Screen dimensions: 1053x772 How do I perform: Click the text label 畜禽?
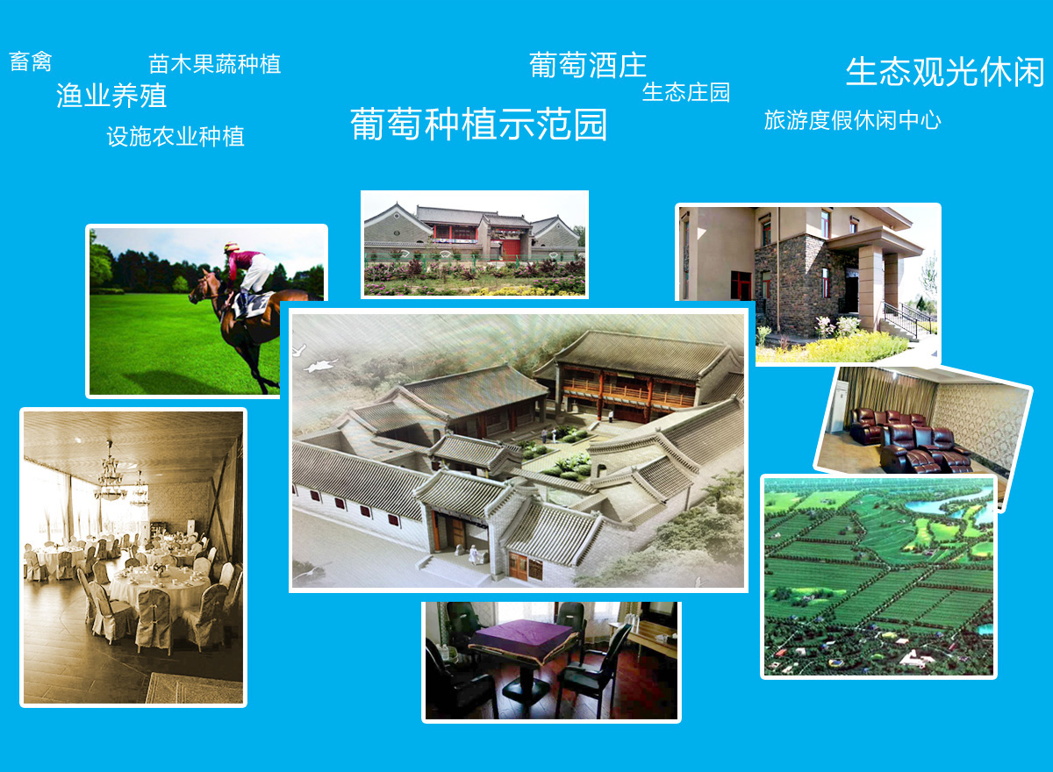click(x=31, y=61)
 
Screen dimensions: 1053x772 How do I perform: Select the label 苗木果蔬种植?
click(x=215, y=64)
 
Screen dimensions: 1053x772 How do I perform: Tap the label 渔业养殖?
click(x=111, y=96)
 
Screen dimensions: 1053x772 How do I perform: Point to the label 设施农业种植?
click(x=175, y=137)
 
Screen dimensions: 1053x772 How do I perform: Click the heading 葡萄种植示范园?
click(x=478, y=124)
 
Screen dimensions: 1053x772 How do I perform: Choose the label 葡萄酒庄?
click(x=588, y=65)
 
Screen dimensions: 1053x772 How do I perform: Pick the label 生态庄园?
click(x=686, y=92)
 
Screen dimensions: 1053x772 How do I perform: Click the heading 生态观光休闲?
click(x=945, y=72)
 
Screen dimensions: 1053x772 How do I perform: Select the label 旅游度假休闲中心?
click(x=852, y=120)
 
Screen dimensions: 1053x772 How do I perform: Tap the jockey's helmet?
click(x=231, y=247)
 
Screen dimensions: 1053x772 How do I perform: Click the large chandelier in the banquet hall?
click(x=110, y=472)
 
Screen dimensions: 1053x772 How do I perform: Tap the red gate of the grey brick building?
click(x=512, y=247)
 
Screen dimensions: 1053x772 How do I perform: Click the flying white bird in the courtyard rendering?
click(x=321, y=365)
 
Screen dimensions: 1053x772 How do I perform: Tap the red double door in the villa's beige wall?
click(x=741, y=285)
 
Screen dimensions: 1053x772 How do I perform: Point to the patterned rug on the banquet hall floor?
click(x=194, y=689)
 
